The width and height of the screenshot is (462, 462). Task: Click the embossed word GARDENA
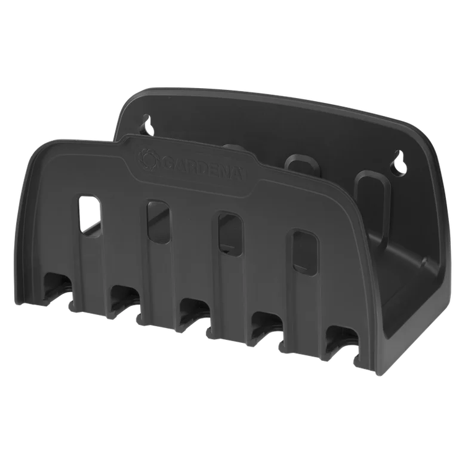[202, 169]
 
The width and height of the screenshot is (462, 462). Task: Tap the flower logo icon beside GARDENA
[149, 159]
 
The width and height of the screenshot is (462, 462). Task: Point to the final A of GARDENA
[238, 175]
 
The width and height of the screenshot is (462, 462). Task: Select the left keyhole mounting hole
[148, 125]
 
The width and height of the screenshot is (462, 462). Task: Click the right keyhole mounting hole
[400, 161]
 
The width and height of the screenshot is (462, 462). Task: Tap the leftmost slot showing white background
[90, 213]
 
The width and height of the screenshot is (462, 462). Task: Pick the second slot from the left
[158, 221]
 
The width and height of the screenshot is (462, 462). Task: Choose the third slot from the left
[230, 233]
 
